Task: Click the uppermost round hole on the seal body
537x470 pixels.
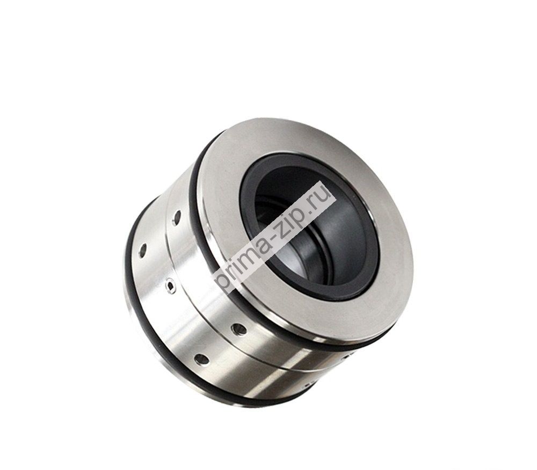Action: [177, 217]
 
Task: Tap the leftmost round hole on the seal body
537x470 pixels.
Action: [143, 251]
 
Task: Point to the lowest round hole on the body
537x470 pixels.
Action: [201, 359]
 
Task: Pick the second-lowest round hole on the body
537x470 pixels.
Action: [239, 330]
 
